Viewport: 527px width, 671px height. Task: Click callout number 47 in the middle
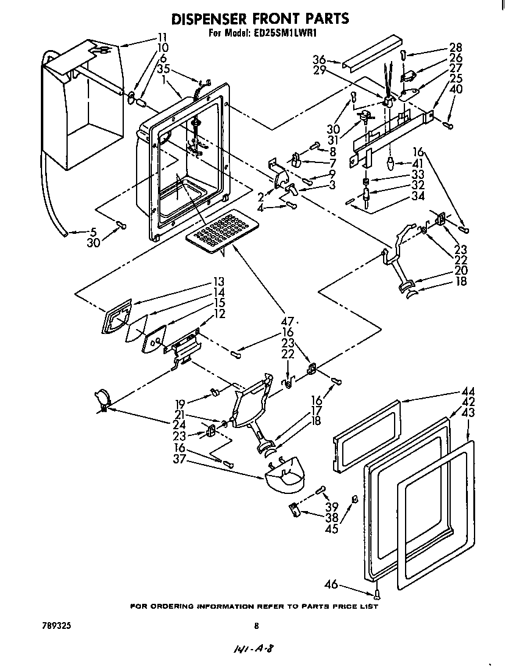point(287,321)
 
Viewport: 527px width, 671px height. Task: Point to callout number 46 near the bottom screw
point(331,585)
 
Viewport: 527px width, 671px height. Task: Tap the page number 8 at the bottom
point(257,625)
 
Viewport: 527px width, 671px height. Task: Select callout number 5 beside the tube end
point(93,231)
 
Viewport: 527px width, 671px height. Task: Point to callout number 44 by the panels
point(468,391)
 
